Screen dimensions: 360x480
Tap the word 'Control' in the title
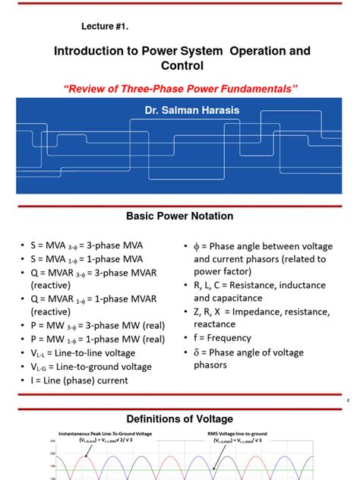180,66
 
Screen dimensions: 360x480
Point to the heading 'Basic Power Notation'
180,216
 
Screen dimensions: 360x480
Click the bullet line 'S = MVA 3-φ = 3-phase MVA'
92,245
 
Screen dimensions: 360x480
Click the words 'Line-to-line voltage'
102,353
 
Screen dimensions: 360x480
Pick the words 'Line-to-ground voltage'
109,367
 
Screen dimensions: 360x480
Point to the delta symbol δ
197,353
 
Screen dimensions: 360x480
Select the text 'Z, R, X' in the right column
213,313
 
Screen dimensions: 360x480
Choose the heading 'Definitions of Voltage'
180,418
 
